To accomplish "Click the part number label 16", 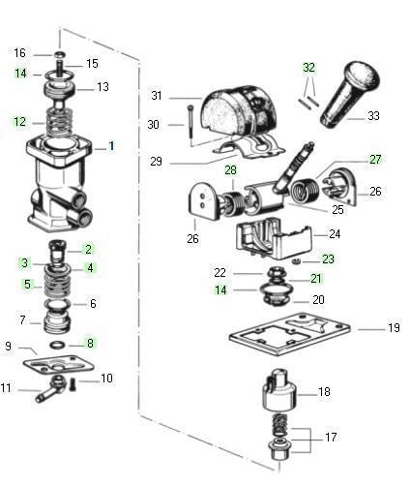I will (x=19, y=52).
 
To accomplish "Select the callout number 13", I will (x=102, y=87).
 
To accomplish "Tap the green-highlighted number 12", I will (x=19, y=122).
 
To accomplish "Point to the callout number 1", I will (x=111, y=146).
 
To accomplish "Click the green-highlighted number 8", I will (x=89, y=343).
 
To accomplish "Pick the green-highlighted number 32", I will (x=308, y=69).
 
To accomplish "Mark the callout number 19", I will (x=393, y=328).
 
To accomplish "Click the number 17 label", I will (x=331, y=438).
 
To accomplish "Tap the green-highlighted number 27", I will (x=375, y=160).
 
